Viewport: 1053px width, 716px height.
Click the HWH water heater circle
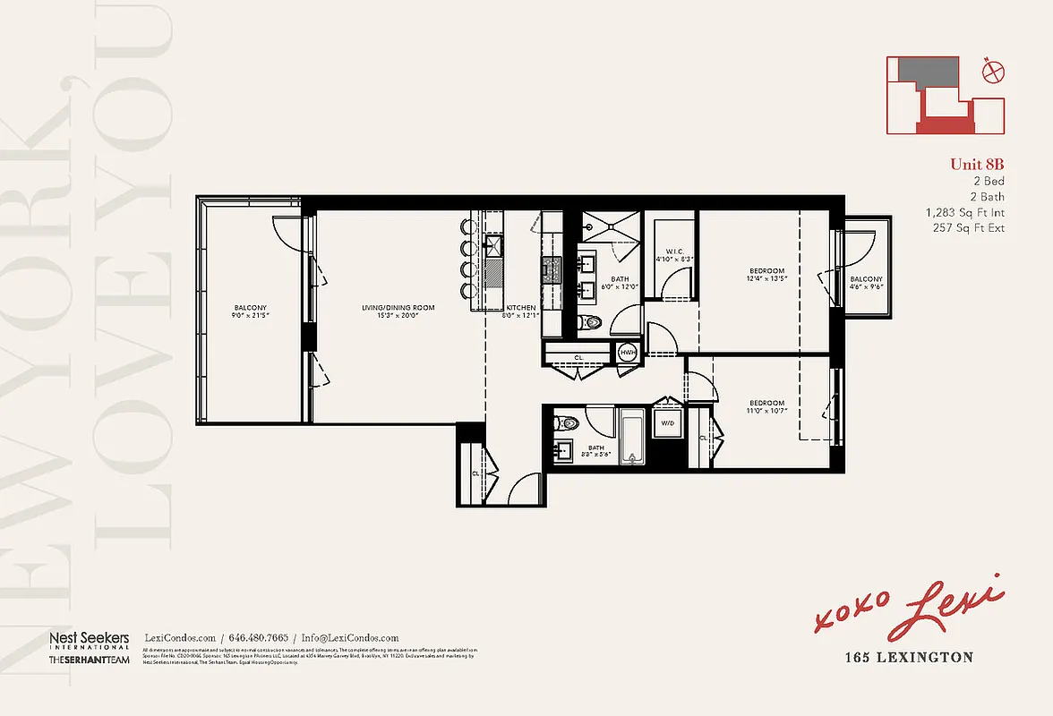[x=628, y=354]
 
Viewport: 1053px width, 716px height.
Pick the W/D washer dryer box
[x=667, y=422]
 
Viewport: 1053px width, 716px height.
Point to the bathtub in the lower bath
[x=632, y=437]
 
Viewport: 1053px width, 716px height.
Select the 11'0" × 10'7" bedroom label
[x=766, y=407]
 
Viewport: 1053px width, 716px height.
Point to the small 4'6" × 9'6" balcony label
[x=866, y=284]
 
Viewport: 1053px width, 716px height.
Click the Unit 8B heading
[x=977, y=164]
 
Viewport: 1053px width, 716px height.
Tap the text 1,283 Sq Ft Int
[x=964, y=213]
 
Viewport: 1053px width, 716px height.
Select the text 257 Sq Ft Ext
[x=969, y=228]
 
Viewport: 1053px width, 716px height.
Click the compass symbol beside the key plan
[x=989, y=71]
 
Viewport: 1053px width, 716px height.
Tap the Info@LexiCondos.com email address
[x=350, y=638]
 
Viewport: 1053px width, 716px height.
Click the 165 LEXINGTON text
[x=909, y=657]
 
